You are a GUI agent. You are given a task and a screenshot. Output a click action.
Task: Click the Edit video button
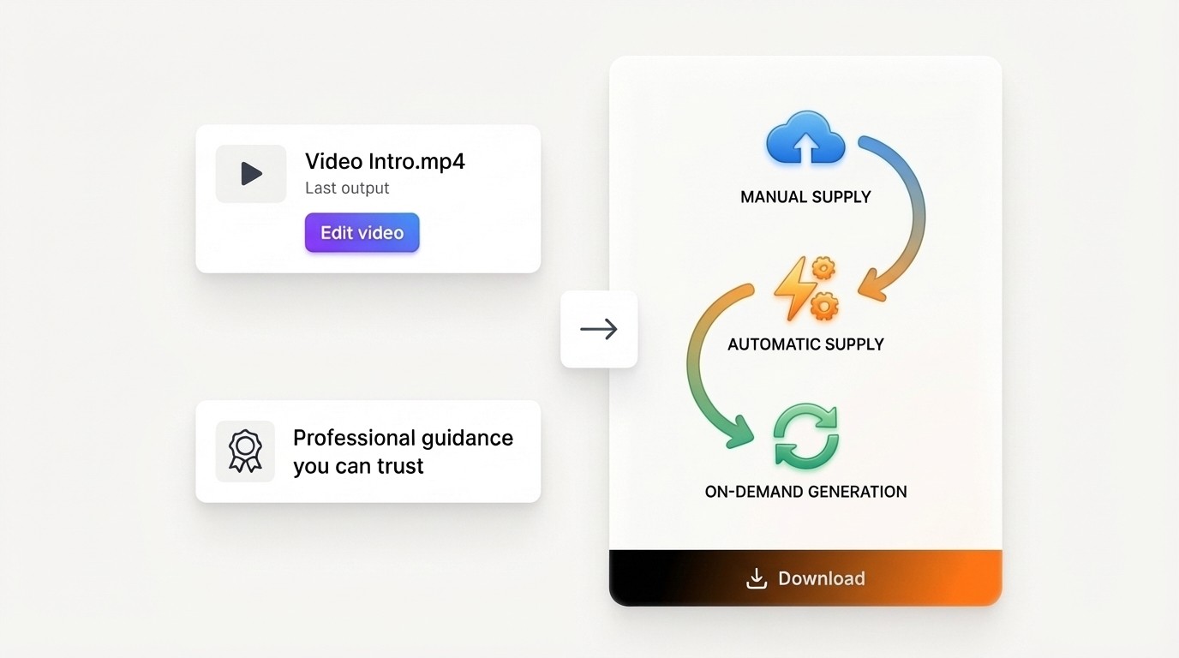362,233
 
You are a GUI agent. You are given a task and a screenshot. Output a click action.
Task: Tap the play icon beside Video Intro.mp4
251,174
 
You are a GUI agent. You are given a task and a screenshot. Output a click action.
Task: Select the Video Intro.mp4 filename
385,161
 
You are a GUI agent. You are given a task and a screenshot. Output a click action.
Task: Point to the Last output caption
347,188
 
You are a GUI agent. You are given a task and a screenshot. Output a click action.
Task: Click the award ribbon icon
245,452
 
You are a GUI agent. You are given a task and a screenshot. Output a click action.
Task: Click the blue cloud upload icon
805,139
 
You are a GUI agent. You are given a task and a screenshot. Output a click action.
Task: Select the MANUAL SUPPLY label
805,197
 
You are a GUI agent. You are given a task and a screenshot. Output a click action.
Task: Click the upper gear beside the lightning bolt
823,270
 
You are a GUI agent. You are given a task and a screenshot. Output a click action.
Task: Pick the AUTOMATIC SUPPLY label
805,344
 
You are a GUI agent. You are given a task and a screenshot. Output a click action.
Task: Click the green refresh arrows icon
805,437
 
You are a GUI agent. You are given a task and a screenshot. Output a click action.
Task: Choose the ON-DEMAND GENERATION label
805,492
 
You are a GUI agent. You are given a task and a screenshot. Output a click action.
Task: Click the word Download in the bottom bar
821,578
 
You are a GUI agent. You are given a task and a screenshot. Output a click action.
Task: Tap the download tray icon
756,578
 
